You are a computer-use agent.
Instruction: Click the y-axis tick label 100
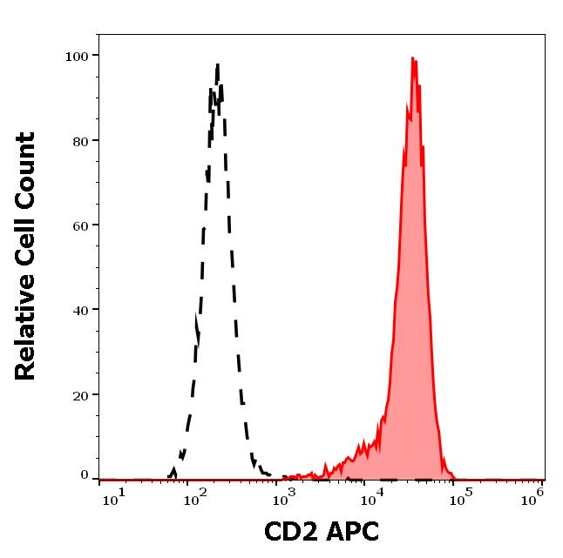tap(77, 57)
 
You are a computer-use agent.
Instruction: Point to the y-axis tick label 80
tap(80, 141)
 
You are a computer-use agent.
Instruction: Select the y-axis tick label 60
tap(80, 225)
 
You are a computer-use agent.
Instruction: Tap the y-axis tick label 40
tap(80, 310)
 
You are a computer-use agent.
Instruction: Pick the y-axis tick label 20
tap(80, 394)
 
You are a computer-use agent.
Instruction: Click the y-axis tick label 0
tap(85, 475)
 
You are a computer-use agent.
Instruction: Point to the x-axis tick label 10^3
tap(284, 496)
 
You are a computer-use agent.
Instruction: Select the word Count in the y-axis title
tap(26, 171)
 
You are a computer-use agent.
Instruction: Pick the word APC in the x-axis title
tap(353, 532)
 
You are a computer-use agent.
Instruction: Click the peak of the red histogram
tap(413, 59)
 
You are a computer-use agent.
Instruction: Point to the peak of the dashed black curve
tap(217, 64)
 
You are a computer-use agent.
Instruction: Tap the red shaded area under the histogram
tap(410, 348)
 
